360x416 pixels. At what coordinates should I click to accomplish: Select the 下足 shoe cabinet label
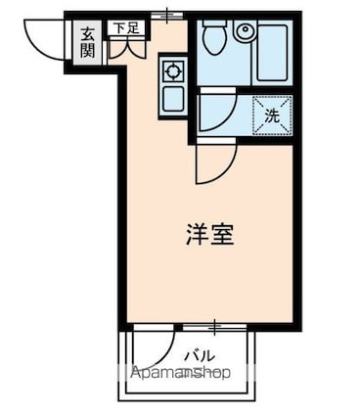click(x=125, y=29)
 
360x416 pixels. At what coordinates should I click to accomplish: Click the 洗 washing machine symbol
click(x=273, y=115)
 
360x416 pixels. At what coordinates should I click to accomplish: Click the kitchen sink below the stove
click(x=172, y=98)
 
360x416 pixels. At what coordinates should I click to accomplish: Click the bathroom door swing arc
click(x=217, y=110)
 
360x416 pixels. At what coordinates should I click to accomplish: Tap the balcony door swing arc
click(x=157, y=352)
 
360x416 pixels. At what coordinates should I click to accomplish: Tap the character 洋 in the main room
click(x=194, y=236)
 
